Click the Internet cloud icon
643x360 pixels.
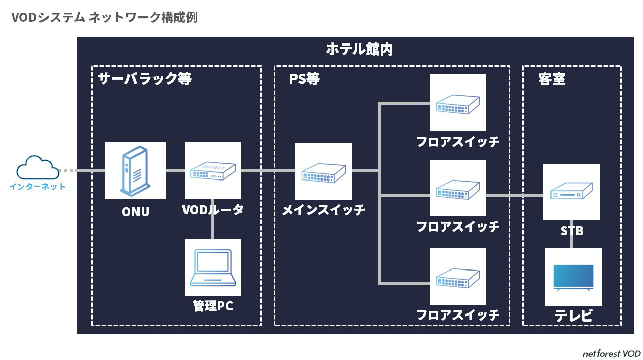coord(37,168)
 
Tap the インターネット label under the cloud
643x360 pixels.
coord(37,187)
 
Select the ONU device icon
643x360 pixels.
coord(135,170)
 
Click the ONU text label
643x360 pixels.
coord(135,212)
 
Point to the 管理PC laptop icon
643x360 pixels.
coord(212,267)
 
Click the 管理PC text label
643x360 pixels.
coord(212,306)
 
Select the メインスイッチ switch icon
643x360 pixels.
coord(324,171)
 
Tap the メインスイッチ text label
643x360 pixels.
coord(324,210)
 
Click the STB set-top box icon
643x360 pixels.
coord(571,192)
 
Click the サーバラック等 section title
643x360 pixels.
coord(145,79)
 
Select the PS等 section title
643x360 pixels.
coord(304,79)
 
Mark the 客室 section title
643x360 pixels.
coord(552,79)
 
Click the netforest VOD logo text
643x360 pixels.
coord(611,354)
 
